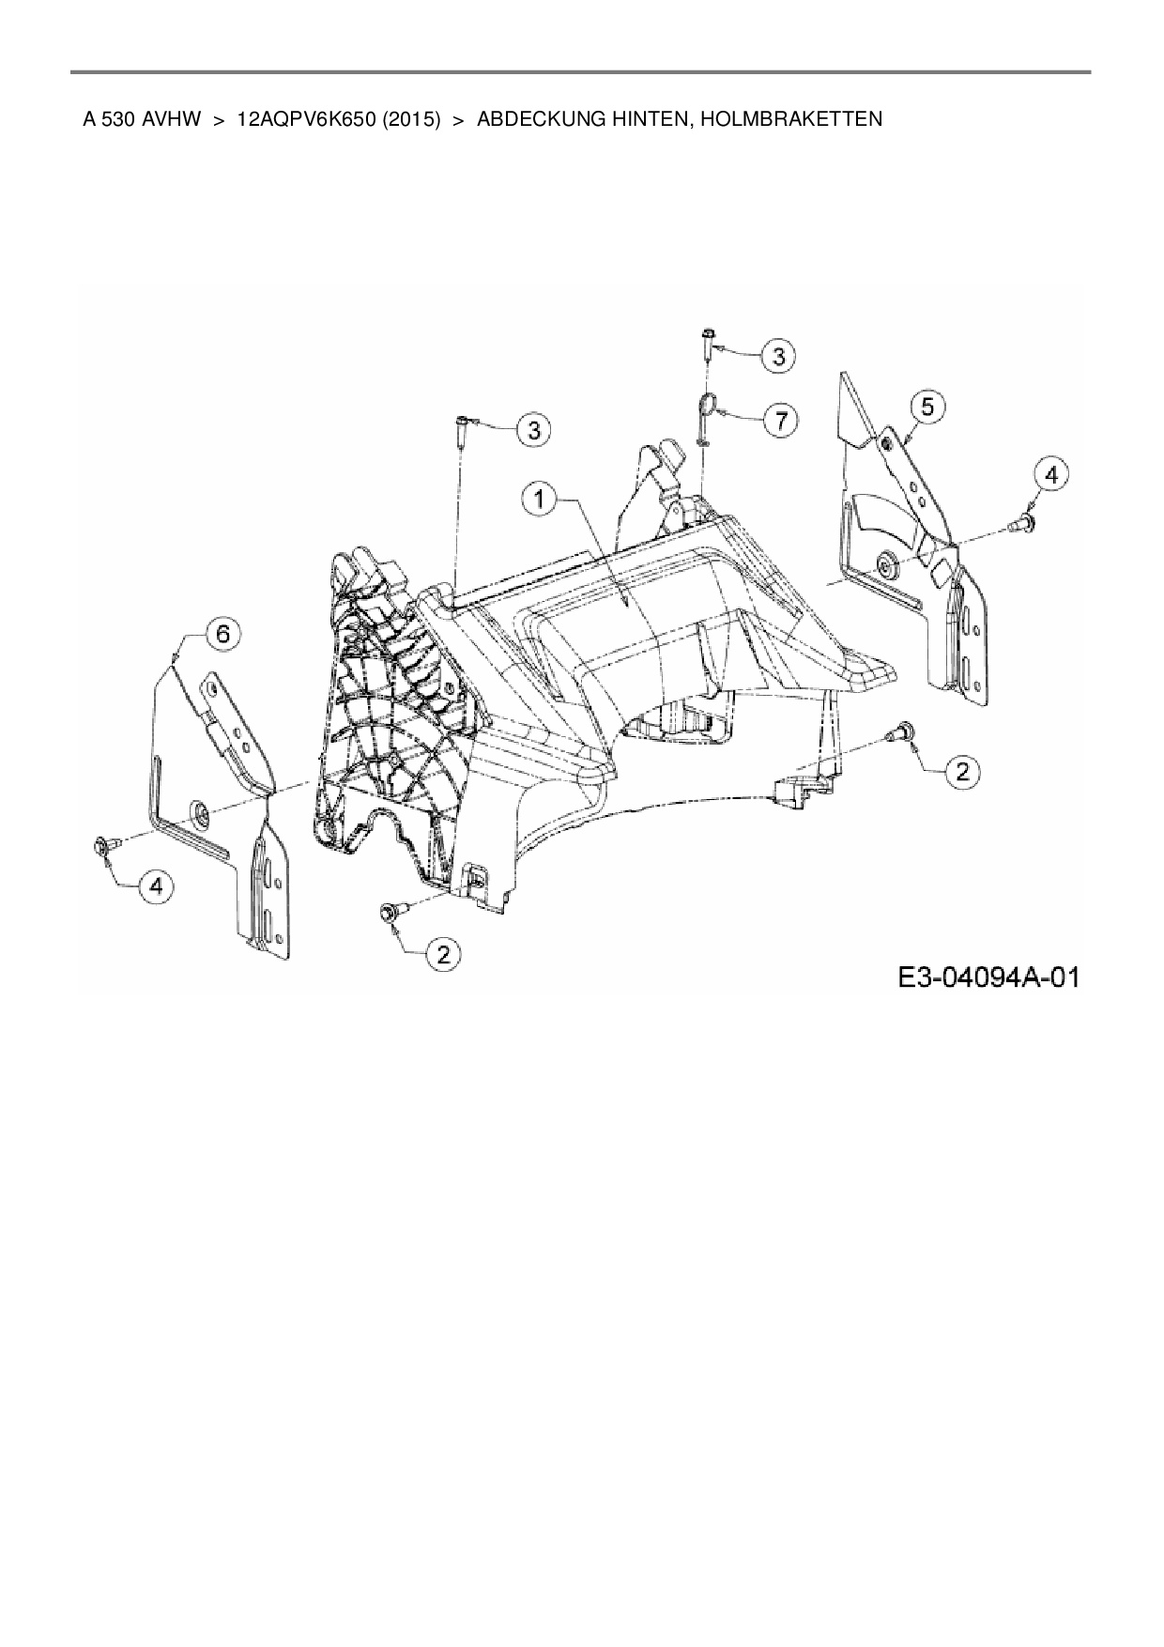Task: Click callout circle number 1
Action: (540, 499)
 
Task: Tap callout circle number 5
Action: (927, 407)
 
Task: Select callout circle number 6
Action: (222, 634)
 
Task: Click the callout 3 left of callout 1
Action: (534, 430)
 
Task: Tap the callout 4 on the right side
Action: (1050, 475)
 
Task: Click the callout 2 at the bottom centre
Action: (443, 955)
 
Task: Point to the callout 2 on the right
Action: (961, 771)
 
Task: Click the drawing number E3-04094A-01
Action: (988, 977)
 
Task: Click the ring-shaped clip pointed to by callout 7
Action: (708, 406)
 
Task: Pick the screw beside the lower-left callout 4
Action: (103, 848)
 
